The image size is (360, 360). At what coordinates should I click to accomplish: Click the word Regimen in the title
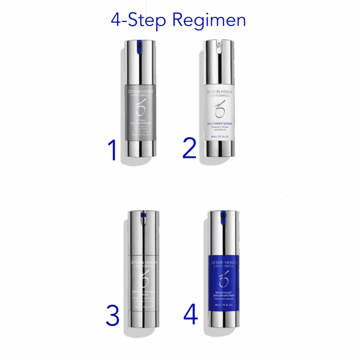[x=209, y=20]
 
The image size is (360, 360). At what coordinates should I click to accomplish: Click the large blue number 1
[x=113, y=150]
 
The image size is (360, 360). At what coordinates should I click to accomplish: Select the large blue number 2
[x=190, y=148]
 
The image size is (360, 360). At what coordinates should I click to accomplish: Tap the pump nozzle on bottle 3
[x=143, y=218]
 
